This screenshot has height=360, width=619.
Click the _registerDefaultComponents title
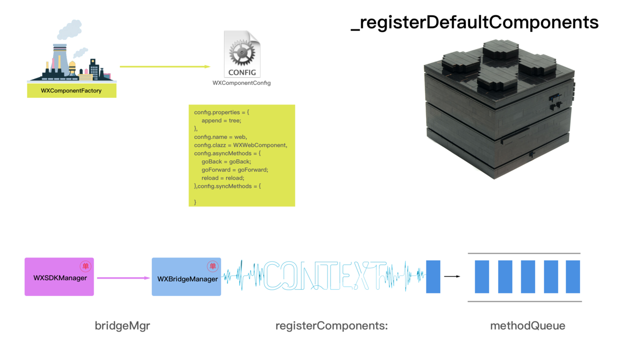pyautogui.click(x=475, y=22)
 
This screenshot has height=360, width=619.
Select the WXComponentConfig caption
pyautogui.click(x=242, y=83)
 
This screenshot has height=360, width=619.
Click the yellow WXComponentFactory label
pyautogui.click(x=71, y=91)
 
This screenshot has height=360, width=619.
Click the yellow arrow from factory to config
pyautogui.click(x=165, y=66)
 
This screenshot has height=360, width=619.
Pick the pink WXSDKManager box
pyautogui.click(x=59, y=278)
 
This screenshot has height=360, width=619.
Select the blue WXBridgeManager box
pyautogui.click(x=186, y=278)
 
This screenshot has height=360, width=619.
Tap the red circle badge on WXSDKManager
pyautogui.click(x=85, y=266)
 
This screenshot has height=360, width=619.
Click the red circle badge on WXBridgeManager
pyautogui.click(x=213, y=266)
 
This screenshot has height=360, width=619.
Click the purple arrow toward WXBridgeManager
pyautogui.click(x=123, y=278)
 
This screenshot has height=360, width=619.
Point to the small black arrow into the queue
pyautogui.click(x=452, y=276)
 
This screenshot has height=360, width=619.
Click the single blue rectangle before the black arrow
pyautogui.click(x=433, y=277)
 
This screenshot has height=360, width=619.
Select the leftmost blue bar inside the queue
pyautogui.click(x=482, y=277)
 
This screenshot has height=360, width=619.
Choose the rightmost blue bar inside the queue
pyautogui.click(x=573, y=277)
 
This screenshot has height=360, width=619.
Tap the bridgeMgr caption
pyautogui.click(x=122, y=326)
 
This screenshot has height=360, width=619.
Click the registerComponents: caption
pyautogui.click(x=331, y=326)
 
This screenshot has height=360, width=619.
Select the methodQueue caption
pyautogui.click(x=528, y=326)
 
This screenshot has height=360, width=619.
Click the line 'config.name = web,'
pyautogui.click(x=221, y=137)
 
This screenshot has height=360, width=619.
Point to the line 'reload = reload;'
pyautogui.click(x=223, y=178)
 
